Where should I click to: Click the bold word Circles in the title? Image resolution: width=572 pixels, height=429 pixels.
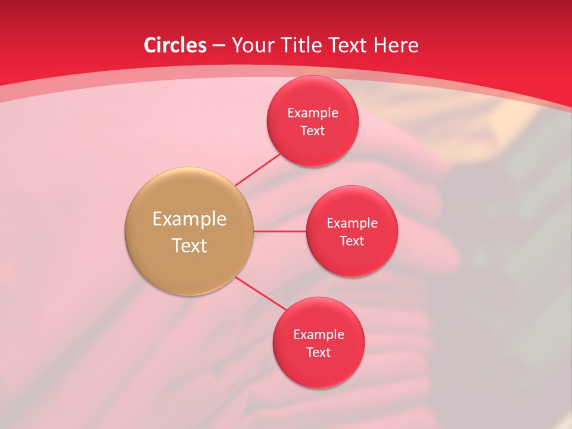(x=175, y=45)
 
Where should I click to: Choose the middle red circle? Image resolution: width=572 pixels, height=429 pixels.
(x=352, y=259)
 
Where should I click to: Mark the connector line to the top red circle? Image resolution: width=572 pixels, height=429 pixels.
(x=258, y=169)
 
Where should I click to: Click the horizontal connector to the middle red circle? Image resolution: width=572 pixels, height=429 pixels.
(x=280, y=231)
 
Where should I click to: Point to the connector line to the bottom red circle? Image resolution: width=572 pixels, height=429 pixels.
(x=260, y=293)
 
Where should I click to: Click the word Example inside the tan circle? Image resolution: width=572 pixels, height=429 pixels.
(x=189, y=219)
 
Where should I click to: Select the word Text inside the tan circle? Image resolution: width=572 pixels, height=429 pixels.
(x=189, y=245)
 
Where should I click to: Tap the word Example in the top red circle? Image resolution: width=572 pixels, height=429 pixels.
(x=313, y=113)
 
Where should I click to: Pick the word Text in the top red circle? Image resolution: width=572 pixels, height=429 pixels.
(x=313, y=130)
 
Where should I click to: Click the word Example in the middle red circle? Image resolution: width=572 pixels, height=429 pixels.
(x=352, y=223)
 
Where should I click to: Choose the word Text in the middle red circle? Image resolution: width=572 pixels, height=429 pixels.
(x=352, y=241)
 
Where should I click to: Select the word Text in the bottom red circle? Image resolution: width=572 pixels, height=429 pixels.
(x=318, y=352)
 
